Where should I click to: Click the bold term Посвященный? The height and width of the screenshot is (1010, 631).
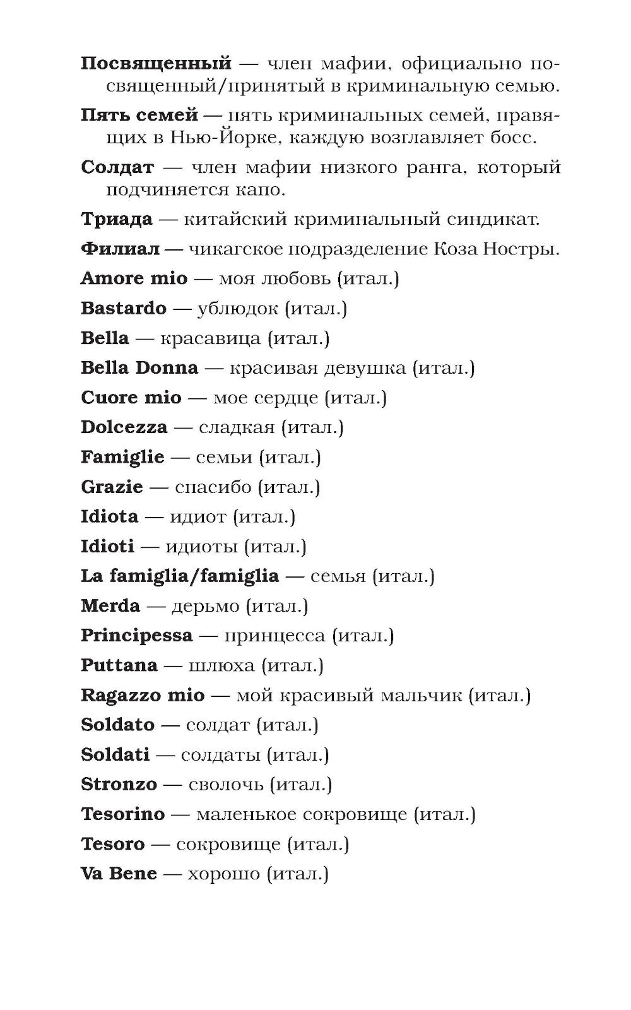pyautogui.click(x=156, y=64)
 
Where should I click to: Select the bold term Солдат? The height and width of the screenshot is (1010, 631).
pyautogui.click(x=117, y=167)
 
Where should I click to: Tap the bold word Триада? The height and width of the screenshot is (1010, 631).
pyautogui.click(x=117, y=220)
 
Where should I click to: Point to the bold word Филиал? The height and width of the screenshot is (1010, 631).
pyautogui.click(x=120, y=249)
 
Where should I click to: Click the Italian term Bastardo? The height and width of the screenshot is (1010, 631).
pyautogui.click(x=124, y=309)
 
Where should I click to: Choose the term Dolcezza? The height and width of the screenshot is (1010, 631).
pyautogui.click(x=124, y=427)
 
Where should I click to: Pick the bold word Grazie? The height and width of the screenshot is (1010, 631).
pyautogui.click(x=112, y=487)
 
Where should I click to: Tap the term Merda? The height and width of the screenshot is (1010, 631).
pyautogui.click(x=110, y=606)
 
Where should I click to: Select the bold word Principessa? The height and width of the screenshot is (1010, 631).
pyautogui.click(x=136, y=636)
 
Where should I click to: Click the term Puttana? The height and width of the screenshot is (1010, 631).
pyautogui.click(x=119, y=665)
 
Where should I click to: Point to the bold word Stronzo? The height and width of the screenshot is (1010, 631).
pyautogui.click(x=119, y=785)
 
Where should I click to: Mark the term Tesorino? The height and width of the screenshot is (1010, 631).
pyautogui.click(x=122, y=814)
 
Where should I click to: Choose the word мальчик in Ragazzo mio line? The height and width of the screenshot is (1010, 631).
pyautogui.click(x=424, y=696)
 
